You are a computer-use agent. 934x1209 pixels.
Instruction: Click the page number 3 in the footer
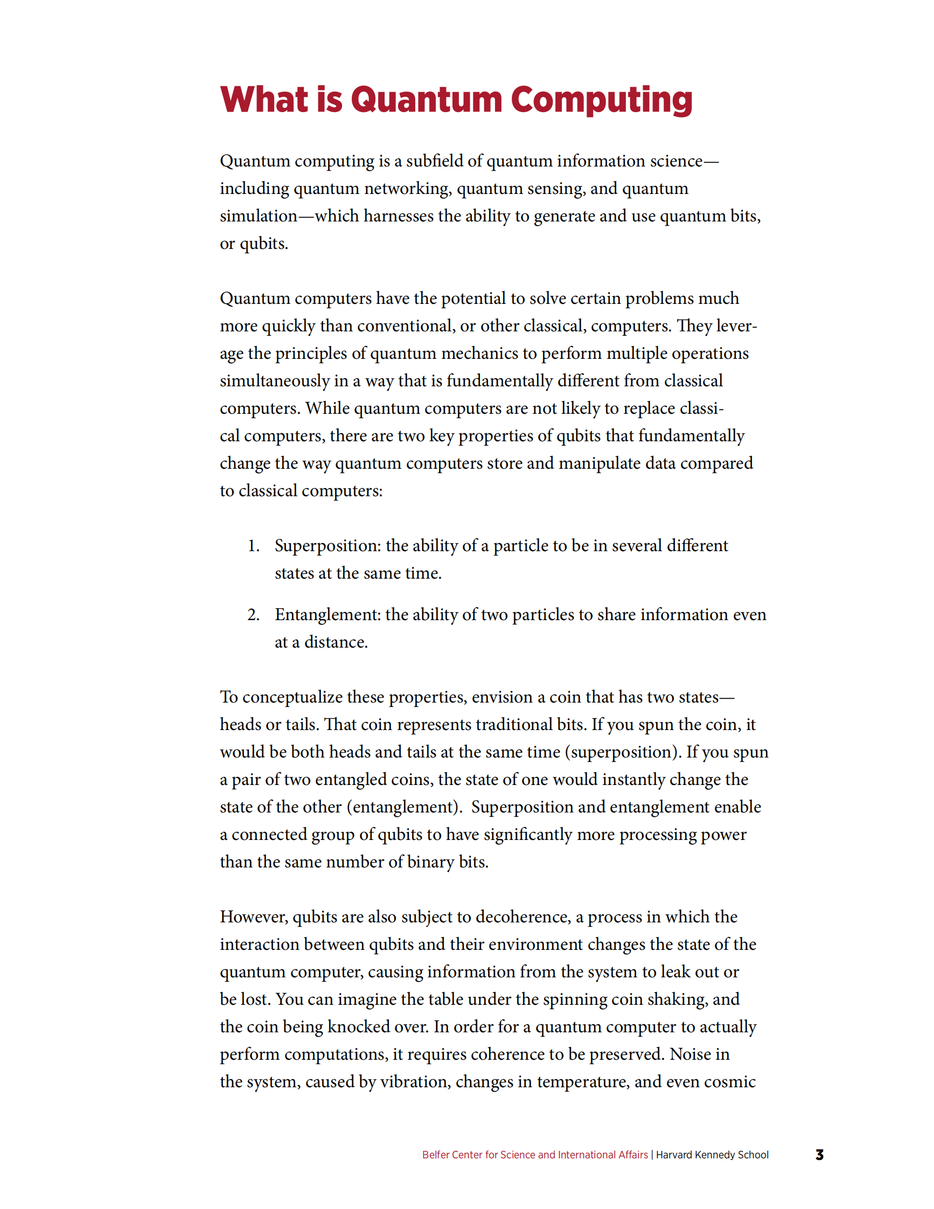click(819, 1155)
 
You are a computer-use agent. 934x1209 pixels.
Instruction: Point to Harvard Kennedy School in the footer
click(712, 1155)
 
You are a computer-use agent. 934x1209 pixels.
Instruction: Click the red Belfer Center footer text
click(534, 1155)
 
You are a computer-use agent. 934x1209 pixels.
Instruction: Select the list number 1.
click(253, 546)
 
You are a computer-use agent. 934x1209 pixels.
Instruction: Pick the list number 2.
click(253, 615)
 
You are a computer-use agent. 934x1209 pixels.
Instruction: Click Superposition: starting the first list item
click(327, 546)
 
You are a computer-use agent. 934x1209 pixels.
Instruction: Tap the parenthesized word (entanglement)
click(405, 807)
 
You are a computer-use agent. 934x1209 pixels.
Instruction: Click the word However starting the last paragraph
click(253, 918)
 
